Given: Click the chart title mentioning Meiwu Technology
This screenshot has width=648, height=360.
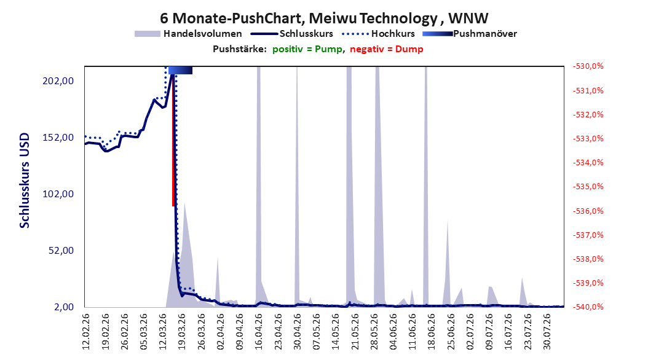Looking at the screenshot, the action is (324, 18).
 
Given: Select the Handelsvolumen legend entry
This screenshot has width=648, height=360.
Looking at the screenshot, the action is (189, 34).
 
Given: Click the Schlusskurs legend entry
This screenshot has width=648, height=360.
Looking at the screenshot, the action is (292, 34).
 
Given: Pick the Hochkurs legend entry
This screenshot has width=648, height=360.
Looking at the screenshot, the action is (379, 34).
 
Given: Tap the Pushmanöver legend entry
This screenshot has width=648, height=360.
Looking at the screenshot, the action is (470, 34).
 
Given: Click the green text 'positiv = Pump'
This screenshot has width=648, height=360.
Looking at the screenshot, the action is (307, 49).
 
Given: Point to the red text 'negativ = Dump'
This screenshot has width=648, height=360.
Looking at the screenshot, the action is (387, 49).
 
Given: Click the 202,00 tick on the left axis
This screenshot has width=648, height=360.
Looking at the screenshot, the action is (58, 81).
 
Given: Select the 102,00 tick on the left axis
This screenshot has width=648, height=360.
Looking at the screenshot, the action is (58, 194).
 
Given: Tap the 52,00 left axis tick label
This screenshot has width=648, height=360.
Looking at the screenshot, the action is (61, 251).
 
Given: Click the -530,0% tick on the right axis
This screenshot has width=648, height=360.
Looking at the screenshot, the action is (588, 66).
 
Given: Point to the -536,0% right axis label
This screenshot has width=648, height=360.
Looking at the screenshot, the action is (588, 211).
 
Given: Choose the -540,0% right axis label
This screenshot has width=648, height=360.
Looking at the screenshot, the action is (588, 307).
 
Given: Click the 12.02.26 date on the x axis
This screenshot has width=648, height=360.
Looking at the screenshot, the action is (86, 332).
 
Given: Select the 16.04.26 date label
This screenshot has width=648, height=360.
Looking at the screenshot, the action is (259, 332).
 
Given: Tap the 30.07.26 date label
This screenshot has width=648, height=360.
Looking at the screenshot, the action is (547, 332).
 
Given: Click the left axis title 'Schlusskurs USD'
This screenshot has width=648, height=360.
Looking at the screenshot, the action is (25, 181).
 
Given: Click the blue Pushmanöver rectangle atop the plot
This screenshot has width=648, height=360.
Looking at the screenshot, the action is (180, 70).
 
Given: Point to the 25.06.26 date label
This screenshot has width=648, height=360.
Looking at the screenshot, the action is (451, 332).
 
